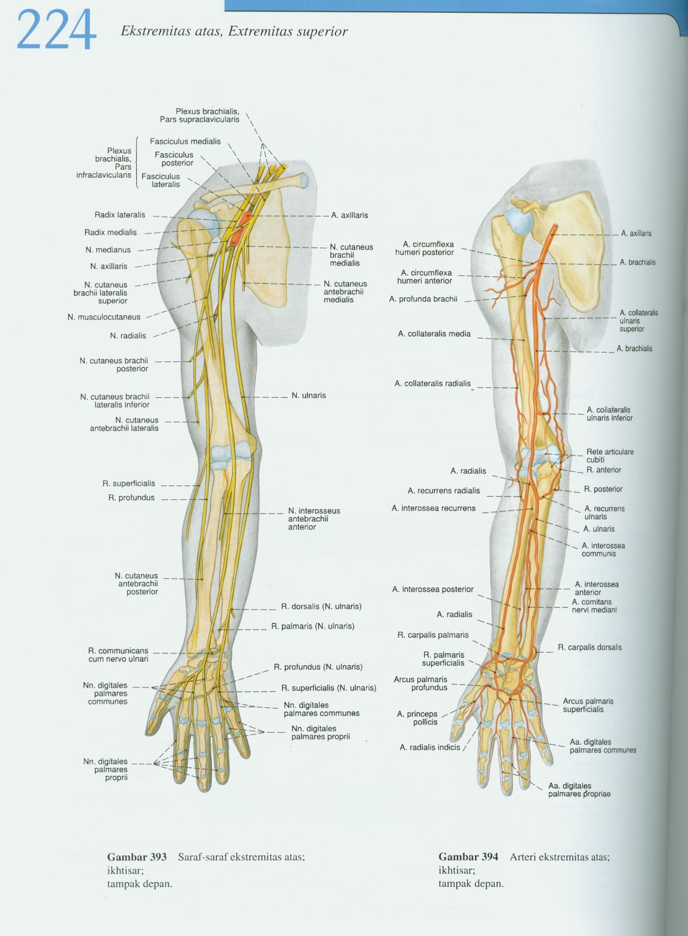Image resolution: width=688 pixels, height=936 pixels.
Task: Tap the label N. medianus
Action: coord(108,250)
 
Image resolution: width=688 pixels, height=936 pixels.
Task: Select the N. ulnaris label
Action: coord(308,395)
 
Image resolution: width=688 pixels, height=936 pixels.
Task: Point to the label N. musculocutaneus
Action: coord(104,317)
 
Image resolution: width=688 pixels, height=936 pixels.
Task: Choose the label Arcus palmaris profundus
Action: coord(421,683)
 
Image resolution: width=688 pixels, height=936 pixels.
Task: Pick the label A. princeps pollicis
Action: coord(417,718)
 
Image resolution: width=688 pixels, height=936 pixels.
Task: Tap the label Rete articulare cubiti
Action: coord(610,456)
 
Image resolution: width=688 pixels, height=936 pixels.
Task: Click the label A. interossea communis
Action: coord(603,549)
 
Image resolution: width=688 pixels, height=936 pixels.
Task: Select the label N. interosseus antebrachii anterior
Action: coord(314,519)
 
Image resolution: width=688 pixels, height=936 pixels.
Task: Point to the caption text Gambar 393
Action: coord(137,857)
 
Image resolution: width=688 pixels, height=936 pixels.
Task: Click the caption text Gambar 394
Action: coord(468,857)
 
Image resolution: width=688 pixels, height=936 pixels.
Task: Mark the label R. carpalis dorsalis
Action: coord(590,647)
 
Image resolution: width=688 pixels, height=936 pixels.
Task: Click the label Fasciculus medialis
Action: coord(185,141)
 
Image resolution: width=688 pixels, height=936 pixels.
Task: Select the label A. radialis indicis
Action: coord(429,747)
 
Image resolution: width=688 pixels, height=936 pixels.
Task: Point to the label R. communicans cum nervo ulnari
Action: coord(118,655)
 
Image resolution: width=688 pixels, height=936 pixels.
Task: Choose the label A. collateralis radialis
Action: coord(432,384)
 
